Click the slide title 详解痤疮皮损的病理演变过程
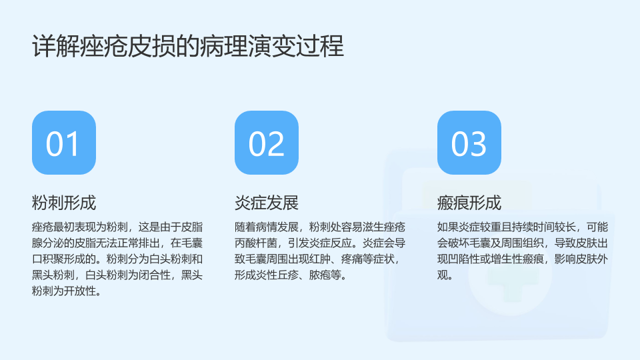pos(188,46)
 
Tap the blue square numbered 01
pos(64,143)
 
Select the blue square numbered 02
pos(267,143)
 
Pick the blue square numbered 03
pos(469,143)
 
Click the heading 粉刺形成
pos(64,203)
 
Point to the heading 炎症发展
pos(267,203)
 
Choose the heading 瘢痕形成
pos(469,203)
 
